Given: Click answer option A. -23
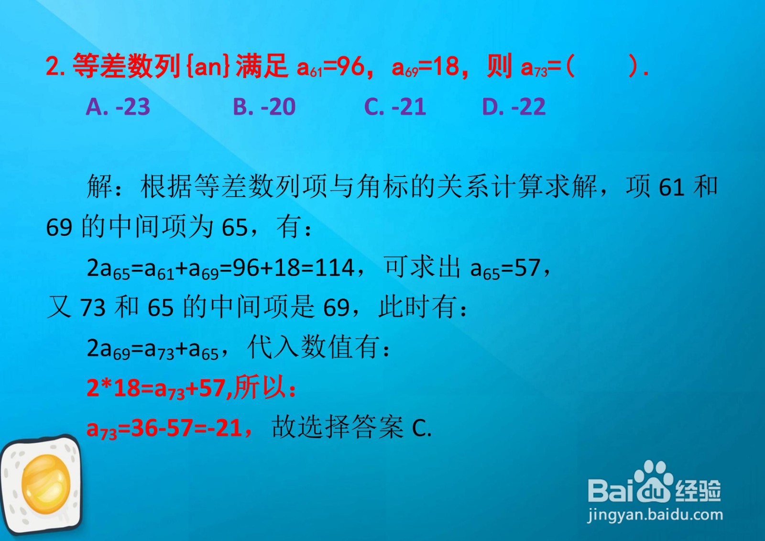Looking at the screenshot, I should (x=118, y=107).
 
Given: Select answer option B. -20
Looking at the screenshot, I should (x=264, y=107).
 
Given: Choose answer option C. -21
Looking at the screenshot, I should (x=395, y=107).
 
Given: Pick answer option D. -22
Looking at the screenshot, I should (x=514, y=107).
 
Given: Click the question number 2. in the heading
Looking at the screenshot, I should (x=55, y=66).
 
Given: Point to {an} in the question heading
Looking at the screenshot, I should (x=208, y=66).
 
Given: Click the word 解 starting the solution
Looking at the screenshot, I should (x=100, y=186).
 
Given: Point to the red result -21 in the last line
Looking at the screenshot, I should (x=224, y=428).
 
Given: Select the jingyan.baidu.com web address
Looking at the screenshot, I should (x=655, y=515).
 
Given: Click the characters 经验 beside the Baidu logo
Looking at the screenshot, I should (x=698, y=490).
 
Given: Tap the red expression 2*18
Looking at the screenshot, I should (x=113, y=388).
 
